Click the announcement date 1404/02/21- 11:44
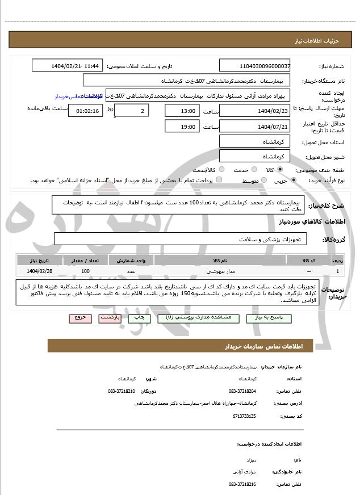pos(67,66)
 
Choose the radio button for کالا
pos(279,170)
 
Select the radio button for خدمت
pos(222,170)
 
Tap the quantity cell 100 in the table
pos(85,271)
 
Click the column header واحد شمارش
pos(135,261)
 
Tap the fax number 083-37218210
pos(122,391)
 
